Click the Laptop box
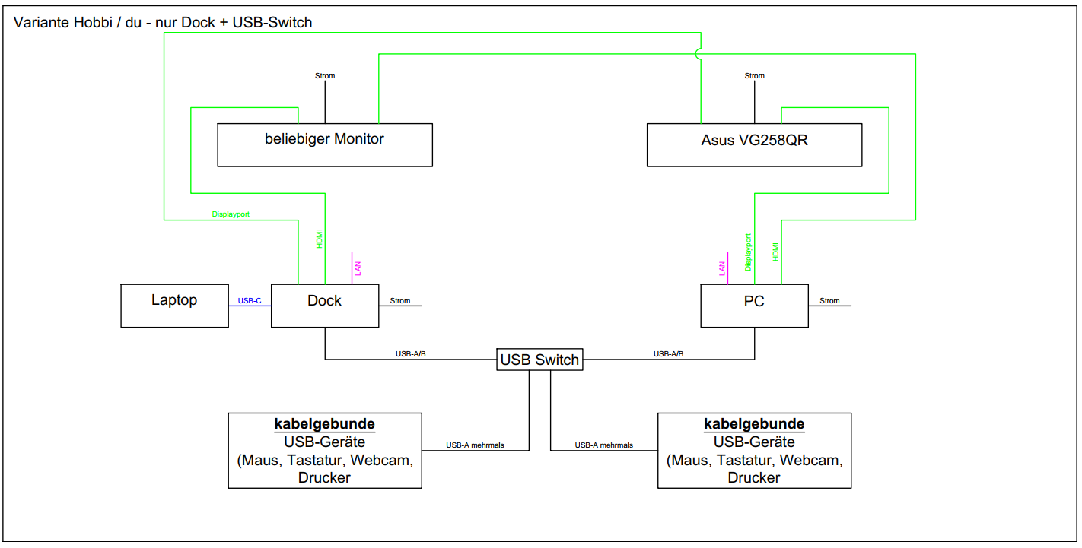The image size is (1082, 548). click(x=174, y=306)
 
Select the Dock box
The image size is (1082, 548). click(x=325, y=306)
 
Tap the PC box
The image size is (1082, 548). click(x=754, y=306)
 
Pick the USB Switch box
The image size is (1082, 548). click(x=540, y=360)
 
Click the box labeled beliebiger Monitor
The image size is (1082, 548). click(x=325, y=144)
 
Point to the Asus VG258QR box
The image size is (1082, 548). click(x=754, y=144)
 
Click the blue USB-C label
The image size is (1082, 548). click(x=250, y=301)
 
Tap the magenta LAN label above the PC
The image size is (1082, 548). click(x=722, y=268)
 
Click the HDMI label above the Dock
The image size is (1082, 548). click(x=320, y=239)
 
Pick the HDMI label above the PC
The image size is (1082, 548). click(x=775, y=252)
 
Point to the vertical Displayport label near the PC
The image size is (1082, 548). click(x=749, y=252)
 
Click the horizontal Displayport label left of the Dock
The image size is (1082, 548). click(x=231, y=214)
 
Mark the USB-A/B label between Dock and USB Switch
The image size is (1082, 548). click(x=411, y=354)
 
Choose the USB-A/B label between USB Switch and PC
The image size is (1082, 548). click(x=668, y=354)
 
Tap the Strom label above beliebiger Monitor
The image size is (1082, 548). click(x=325, y=76)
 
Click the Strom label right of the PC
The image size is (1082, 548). click(x=829, y=301)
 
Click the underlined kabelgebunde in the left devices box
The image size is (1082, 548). click(x=325, y=424)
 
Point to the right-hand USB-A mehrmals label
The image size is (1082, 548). click(x=603, y=446)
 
